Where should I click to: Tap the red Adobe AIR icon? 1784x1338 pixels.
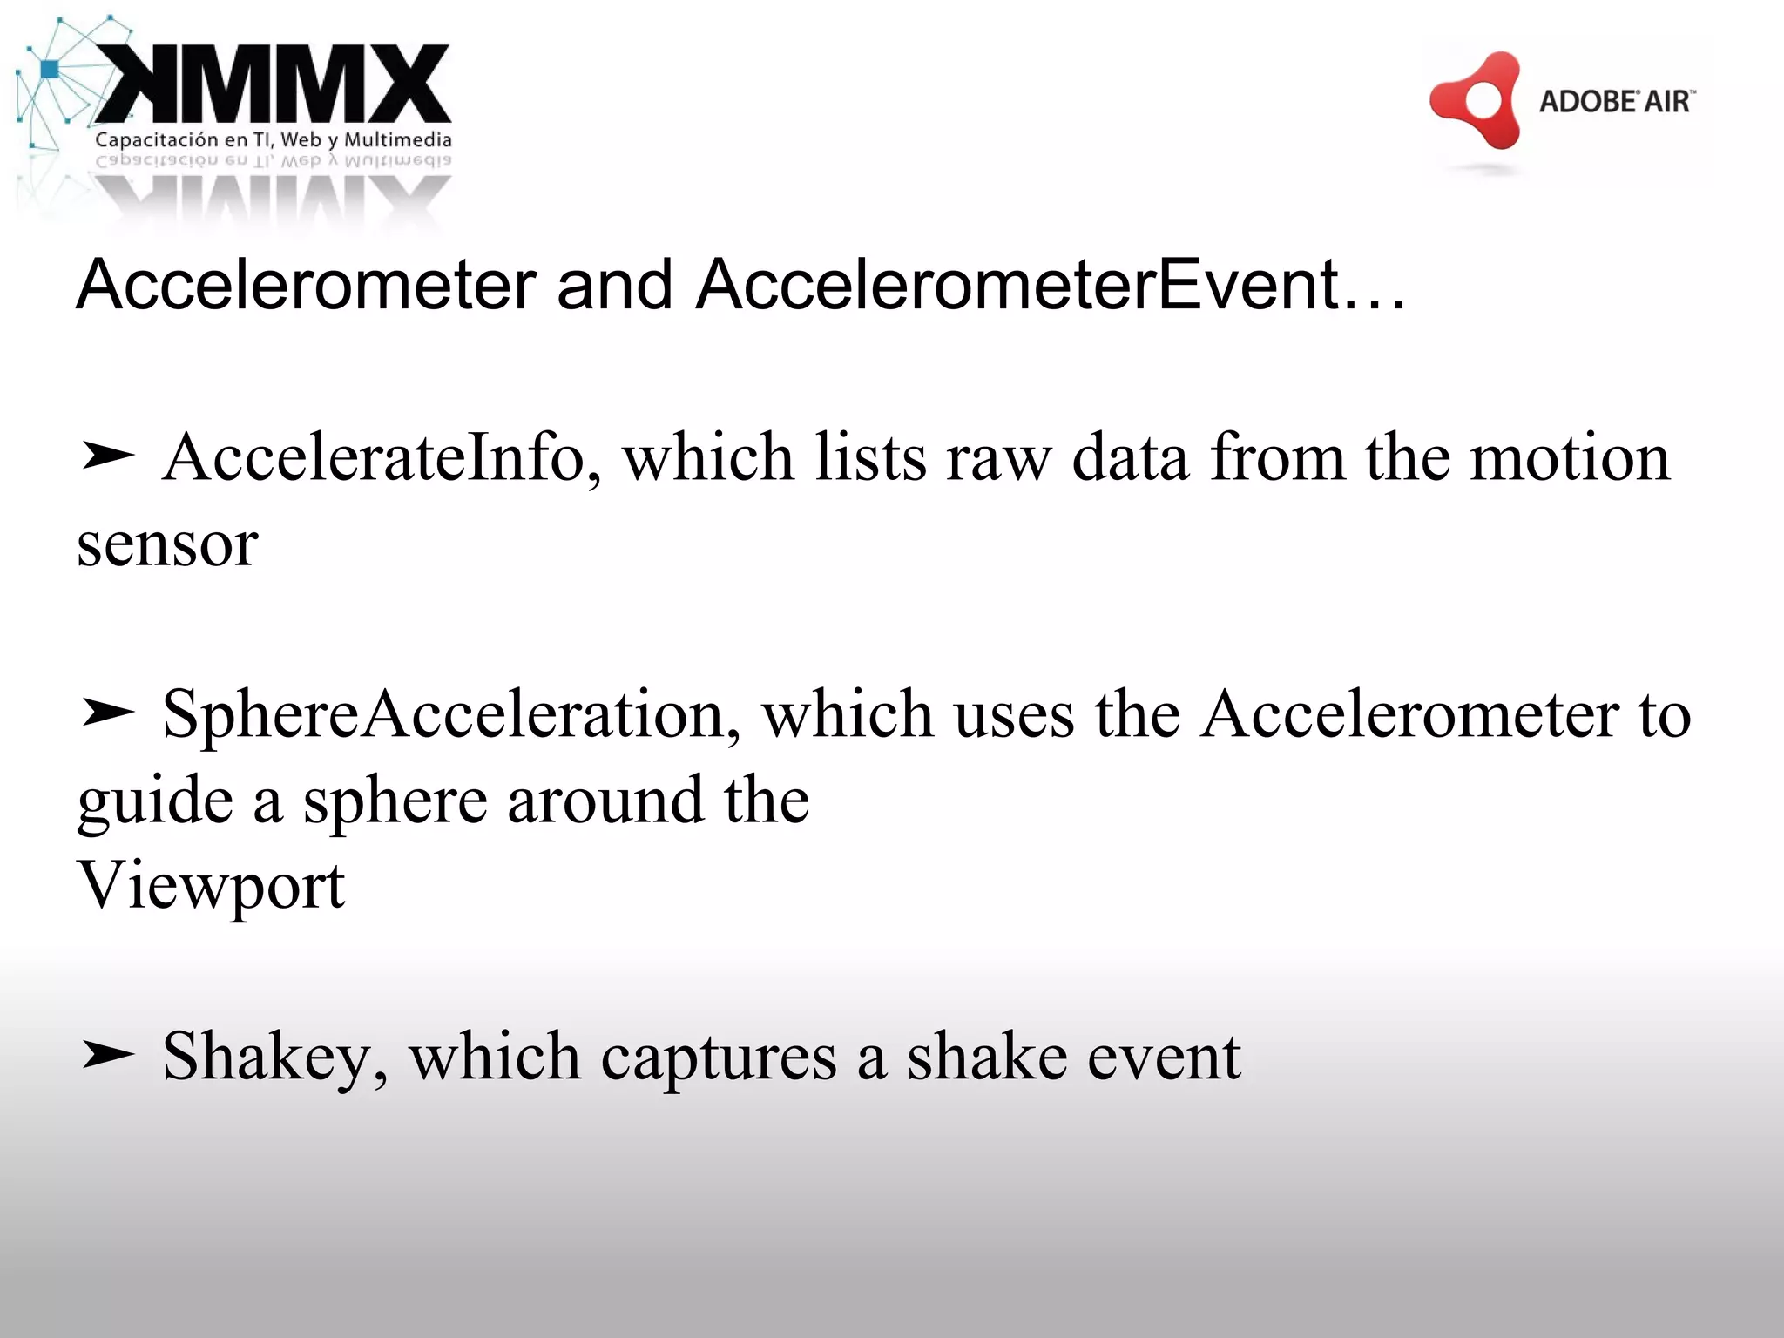[x=1476, y=100]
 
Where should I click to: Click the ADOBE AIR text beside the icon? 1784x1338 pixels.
[x=1617, y=101]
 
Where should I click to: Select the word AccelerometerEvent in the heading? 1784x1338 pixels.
[x=1018, y=285]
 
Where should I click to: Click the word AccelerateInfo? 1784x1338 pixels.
[x=374, y=457]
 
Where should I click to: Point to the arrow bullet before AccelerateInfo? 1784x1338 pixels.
[x=106, y=456]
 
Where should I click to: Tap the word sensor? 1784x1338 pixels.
[x=167, y=545]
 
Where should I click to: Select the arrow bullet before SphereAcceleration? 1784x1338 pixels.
[x=106, y=713]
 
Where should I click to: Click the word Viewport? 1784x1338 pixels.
[x=212, y=885]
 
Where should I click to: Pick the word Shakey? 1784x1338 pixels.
[x=267, y=1056]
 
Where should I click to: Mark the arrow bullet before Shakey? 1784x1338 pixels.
[x=106, y=1055]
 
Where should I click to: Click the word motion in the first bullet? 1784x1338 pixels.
[x=1570, y=457]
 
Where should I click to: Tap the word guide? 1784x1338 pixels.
[x=155, y=801]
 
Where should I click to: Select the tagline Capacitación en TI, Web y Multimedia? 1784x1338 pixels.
[x=274, y=139]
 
